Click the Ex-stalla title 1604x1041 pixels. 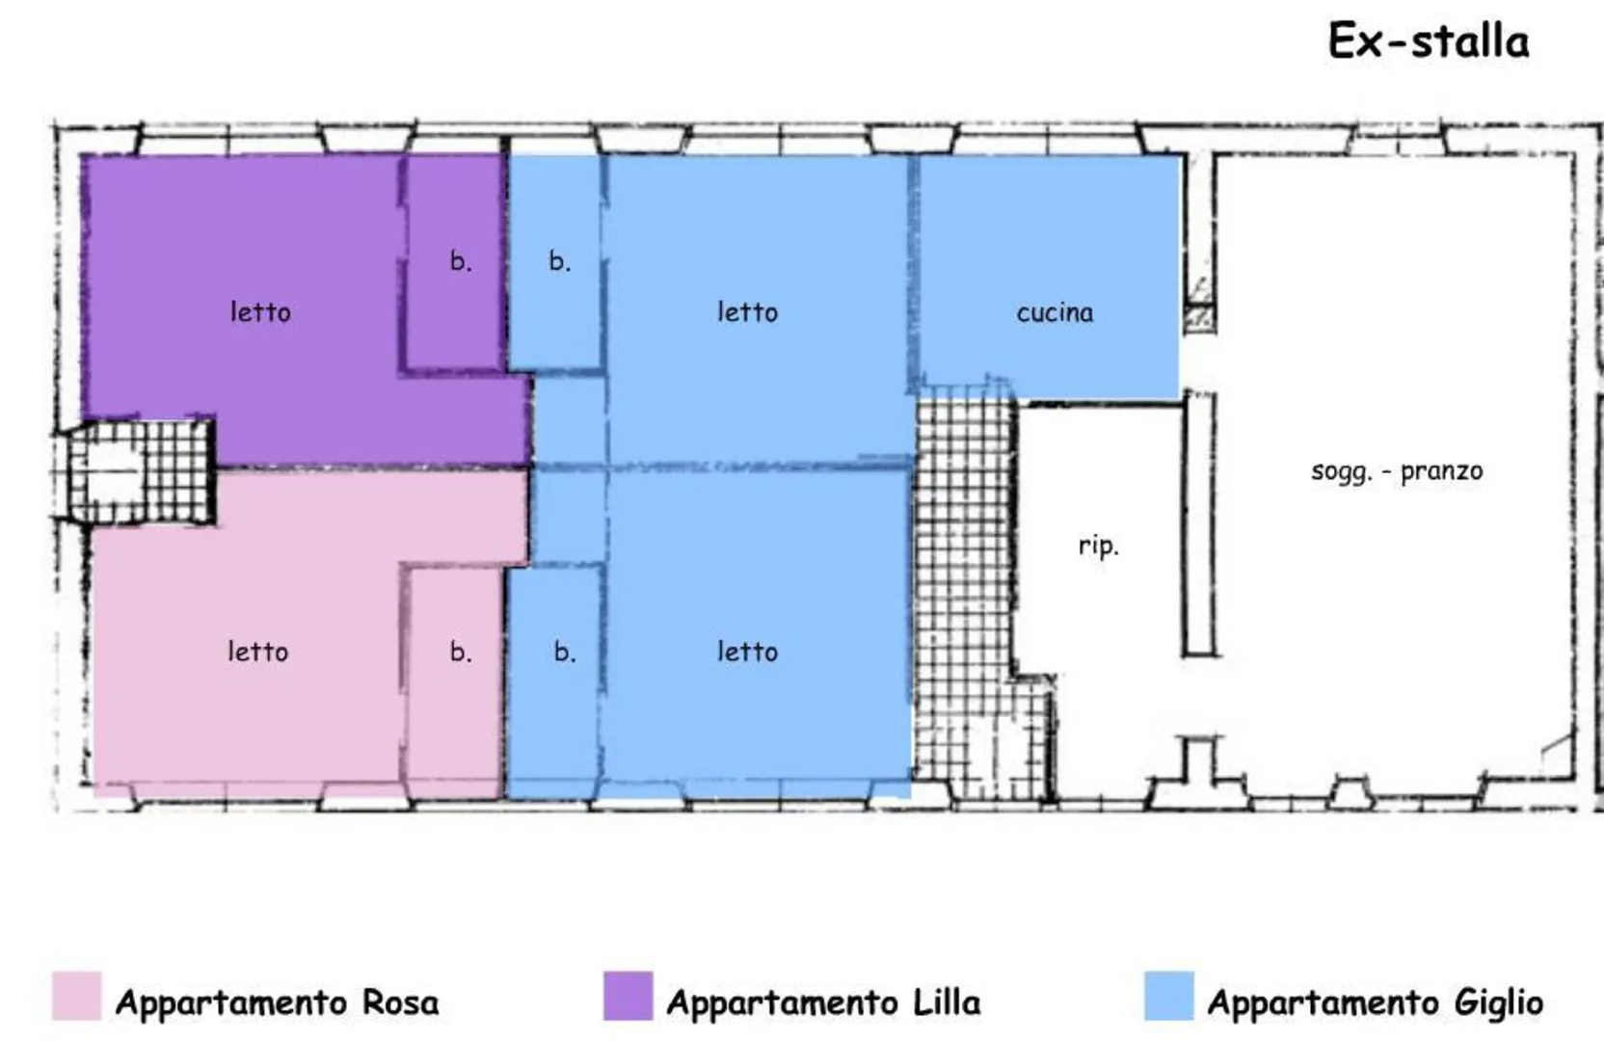1429,40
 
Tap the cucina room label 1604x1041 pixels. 1055,313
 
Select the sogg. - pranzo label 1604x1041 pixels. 1397,471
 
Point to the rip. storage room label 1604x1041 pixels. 1099,547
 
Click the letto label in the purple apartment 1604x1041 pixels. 260,312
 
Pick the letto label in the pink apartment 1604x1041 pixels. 257,652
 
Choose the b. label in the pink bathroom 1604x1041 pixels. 461,651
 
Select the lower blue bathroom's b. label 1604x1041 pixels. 564,651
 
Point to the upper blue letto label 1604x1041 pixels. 748,312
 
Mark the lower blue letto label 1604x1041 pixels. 748,652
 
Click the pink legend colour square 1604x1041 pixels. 76,996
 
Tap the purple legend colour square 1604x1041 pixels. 628,996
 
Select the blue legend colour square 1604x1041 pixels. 1169,996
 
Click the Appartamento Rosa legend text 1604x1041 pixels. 277,1002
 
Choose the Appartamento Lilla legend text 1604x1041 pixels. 823,1002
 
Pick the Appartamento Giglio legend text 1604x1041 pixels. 1376,1002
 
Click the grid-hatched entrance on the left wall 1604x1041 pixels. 136,471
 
